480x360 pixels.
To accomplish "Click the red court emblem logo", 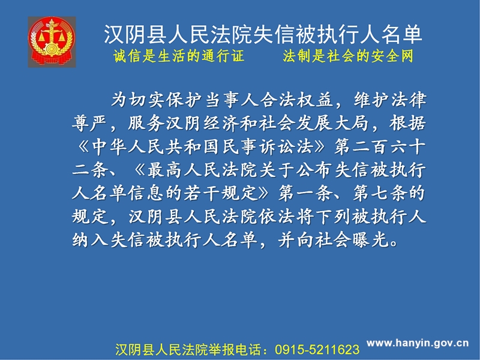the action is coord(52,42).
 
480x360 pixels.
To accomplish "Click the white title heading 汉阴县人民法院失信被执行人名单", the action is coord(263,34).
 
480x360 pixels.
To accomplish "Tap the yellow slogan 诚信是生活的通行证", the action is coord(179,56).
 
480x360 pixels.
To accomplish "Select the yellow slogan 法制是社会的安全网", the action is coord(348,56).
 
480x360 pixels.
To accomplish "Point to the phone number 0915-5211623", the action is coord(317,350).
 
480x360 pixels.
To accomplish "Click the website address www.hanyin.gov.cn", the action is coord(418,343).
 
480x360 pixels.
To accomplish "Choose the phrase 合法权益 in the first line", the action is coord(296,100).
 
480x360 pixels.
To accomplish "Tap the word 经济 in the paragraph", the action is coord(221,124).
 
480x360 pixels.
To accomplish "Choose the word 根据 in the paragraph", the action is coord(408,124).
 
